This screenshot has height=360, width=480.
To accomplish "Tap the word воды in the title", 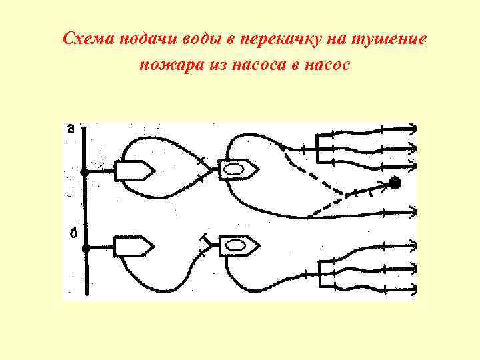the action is click(201, 39).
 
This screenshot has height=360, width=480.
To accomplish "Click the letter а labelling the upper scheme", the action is click(71, 129).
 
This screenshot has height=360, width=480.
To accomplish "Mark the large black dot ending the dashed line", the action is click(395, 181).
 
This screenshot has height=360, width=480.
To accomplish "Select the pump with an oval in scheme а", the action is click(236, 171).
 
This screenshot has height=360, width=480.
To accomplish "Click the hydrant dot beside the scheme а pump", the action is click(85, 172).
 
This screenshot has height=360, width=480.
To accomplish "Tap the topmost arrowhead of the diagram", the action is click(414, 129).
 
